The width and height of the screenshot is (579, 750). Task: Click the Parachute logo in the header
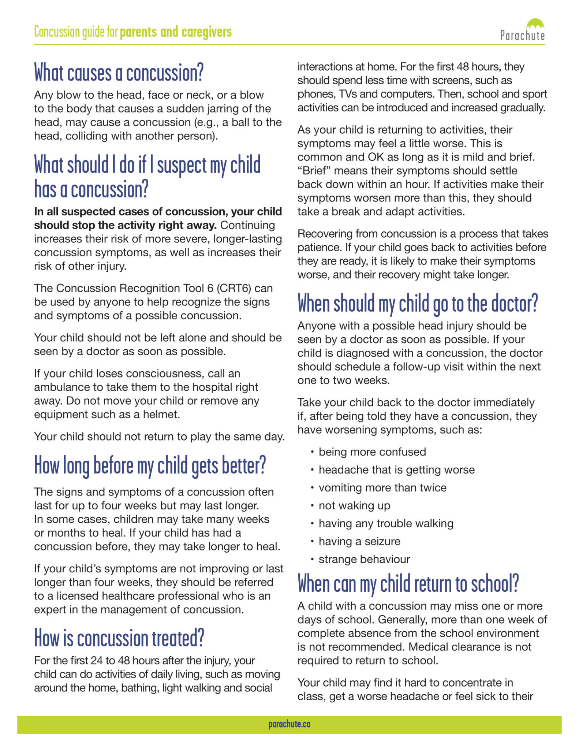pos(522,30)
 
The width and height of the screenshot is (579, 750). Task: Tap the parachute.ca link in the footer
pos(289,724)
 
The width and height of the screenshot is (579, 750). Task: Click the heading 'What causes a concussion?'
pos(119,73)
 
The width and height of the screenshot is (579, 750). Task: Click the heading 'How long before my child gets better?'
pos(150,466)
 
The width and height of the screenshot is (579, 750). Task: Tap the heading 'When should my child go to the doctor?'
pos(418,304)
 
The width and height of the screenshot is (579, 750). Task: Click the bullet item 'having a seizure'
pos(359,541)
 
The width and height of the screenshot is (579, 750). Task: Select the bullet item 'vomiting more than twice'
pos(382,488)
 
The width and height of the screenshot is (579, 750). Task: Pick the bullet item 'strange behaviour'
pos(364,559)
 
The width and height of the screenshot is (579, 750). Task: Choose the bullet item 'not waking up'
pos(354,506)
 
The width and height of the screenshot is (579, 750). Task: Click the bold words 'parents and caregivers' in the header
pos(176,32)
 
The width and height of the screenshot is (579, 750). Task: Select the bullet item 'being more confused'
pos(372,452)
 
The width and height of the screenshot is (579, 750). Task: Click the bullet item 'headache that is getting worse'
pos(396,470)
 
